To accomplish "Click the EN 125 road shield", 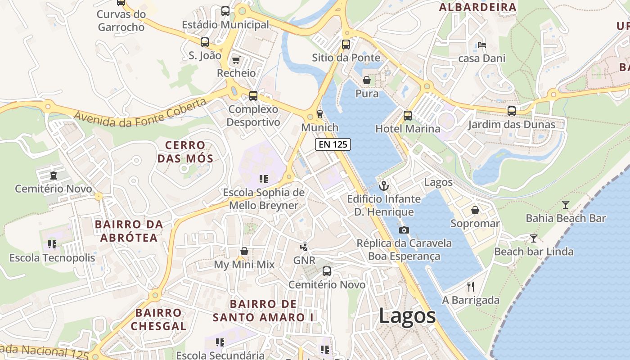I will click(x=333, y=144).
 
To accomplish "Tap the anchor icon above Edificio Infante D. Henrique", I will click(x=384, y=185).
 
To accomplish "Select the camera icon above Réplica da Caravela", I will click(x=404, y=230).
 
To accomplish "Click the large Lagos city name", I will click(x=407, y=315).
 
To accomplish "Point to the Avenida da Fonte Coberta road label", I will click(x=140, y=110).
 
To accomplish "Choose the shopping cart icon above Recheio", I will click(x=235, y=60).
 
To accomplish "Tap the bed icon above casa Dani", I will click(x=482, y=45).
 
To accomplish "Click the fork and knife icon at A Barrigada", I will click(x=471, y=286).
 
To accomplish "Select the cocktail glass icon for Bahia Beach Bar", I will click(x=566, y=205).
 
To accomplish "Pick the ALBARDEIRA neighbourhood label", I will click(x=478, y=7).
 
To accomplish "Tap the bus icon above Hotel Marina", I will click(x=408, y=115).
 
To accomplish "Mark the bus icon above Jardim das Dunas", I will click(x=512, y=111).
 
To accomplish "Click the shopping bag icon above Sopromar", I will click(x=475, y=210).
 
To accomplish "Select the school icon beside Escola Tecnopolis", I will click(x=52, y=244).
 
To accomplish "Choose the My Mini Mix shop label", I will click(x=244, y=265).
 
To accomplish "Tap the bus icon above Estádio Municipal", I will click(x=225, y=11).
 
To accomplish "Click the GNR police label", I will click(x=304, y=261).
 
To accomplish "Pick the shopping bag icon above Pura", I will click(x=367, y=81).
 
